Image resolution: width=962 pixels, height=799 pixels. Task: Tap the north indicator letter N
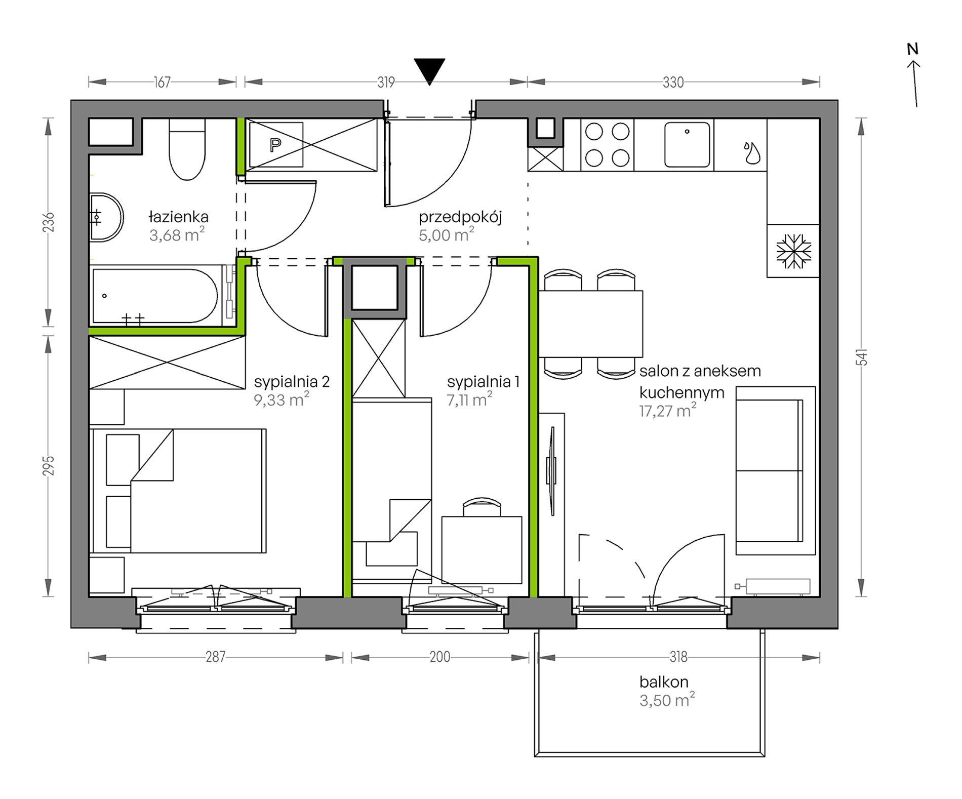(x=912, y=49)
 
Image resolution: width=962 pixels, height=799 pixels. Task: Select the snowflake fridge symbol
(x=793, y=251)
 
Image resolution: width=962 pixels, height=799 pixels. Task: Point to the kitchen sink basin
(x=687, y=144)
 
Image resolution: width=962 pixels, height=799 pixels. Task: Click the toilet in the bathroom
(x=187, y=149)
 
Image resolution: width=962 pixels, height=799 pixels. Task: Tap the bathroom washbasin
(x=106, y=217)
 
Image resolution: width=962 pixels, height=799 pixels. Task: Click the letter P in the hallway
(x=275, y=146)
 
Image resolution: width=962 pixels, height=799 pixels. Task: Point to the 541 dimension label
(x=863, y=357)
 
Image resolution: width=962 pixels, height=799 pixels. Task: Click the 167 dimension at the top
(x=162, y=82)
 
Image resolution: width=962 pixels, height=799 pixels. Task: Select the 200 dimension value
(x=439, y=657)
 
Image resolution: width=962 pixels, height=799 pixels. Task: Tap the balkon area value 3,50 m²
(x=667, y=700)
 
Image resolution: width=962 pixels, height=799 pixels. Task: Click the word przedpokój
(x=460, y=218)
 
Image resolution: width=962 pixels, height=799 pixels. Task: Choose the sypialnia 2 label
(x=292, y=381)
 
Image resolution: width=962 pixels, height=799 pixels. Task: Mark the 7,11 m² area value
(x=469, y=400)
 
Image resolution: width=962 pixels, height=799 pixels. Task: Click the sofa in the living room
(x=775, y=471)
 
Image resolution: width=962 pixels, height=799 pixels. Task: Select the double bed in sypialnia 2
(x=178, y=491)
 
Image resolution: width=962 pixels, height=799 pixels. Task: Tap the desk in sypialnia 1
(x=482, y=550)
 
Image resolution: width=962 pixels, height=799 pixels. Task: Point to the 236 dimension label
(x=48, y=222)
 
